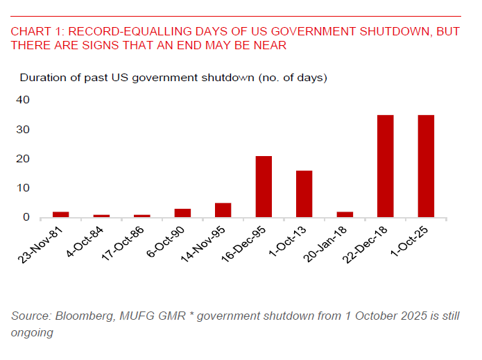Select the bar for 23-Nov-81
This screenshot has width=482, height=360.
tap(61, 214)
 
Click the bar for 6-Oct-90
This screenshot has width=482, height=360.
tap(182, 213)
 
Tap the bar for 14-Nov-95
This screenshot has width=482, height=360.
tap(223, 210)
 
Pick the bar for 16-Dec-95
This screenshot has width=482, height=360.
tap(264, 187)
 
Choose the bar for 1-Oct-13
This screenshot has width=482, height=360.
tap(304, 194)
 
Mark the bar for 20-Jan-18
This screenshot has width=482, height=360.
tap(345, 214)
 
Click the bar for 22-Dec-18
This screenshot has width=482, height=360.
tap(385, 166)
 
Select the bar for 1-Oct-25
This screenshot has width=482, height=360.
tap(426, 166)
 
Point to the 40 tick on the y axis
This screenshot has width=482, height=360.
tap(23, 100)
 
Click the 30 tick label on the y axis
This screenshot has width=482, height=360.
tap(23, 130)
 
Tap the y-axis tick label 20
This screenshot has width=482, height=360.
tap(23, 159)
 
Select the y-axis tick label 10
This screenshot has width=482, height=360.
tap(23, 188)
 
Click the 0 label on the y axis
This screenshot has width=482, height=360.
tap(26, 218)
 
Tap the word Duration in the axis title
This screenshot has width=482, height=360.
tap(41, 77)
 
